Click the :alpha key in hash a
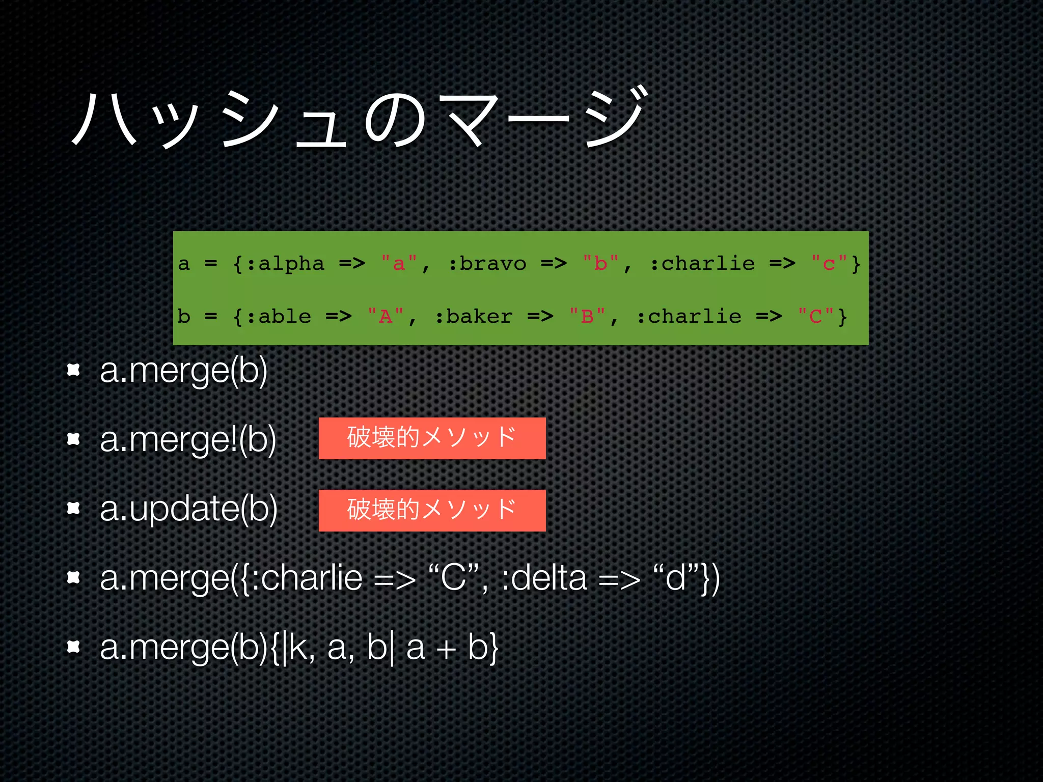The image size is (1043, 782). (x=286, y=263)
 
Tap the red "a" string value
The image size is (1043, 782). (x=399, y=263)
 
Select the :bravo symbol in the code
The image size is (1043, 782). (x=487, y=263)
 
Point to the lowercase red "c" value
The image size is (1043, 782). (x=829, y=263)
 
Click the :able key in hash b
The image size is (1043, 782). (x=279, y=317)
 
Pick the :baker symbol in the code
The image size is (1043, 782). (x=474, y=317)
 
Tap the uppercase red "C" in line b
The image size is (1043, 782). (x=815, y=317)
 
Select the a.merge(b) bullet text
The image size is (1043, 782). (x=183, y=371)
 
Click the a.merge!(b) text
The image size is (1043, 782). (x=188, y=440)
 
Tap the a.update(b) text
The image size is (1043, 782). (x=188, y=509)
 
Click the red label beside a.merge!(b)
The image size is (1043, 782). (x=432, y=438)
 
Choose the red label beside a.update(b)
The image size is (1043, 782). (x=432, y=511)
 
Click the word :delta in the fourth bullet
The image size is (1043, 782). (x=543, y=578)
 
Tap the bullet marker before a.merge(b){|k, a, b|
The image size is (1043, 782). (x=74, y=647)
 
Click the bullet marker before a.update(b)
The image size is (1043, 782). (x=74, y=508)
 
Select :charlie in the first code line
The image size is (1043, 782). (x=702, y=263)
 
